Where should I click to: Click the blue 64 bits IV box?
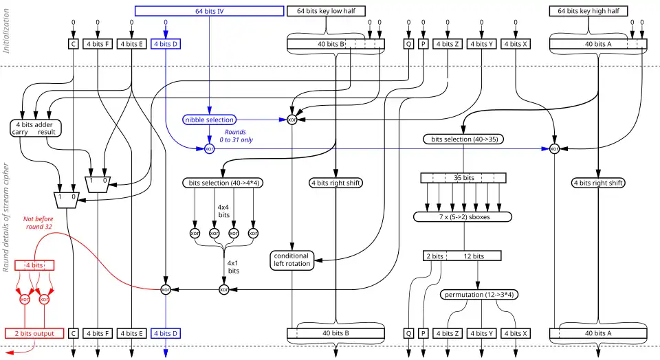(209, 11)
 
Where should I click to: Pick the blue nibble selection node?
(210, 120)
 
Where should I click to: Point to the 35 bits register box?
(463, 177)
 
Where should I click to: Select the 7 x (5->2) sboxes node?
(463, 217)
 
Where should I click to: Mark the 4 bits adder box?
(34, 128)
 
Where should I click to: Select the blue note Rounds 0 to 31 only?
(234, 136)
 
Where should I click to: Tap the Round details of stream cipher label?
(7, 217)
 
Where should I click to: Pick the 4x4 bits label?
(223, 211)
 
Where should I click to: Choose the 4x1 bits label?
(234, 267)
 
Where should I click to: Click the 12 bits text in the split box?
(473, 256)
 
